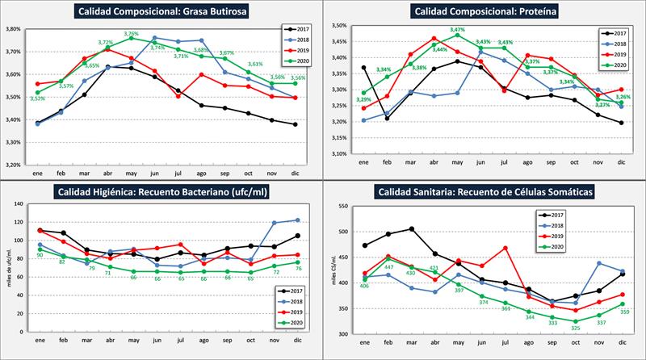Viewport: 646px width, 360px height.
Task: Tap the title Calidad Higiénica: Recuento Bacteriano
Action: click(163, 192)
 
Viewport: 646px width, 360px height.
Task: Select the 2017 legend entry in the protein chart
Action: click(618, 34)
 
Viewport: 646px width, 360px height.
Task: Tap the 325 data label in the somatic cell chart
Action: click(576, 328)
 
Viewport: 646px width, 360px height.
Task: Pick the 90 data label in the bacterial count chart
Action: click(39, 256)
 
